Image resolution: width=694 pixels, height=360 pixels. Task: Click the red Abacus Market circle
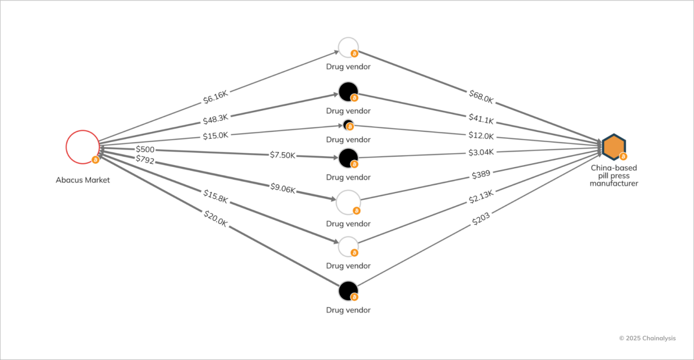[x=82, y=147]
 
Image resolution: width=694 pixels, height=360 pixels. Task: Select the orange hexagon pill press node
[x=614, y=146]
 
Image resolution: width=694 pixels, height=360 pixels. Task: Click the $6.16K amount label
[x=216, y=96]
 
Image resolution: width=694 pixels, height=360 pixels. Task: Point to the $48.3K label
[x=216, y=119]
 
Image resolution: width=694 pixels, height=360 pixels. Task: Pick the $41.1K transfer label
[x=481, y=119]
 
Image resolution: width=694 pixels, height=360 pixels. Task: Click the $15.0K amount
[x=216, y=136]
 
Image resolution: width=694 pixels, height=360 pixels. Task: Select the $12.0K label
[x=481, y=136]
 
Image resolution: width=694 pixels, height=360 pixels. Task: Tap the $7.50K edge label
[x=282, y=155]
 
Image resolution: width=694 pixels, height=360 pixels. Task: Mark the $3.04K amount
[x=481, y=152]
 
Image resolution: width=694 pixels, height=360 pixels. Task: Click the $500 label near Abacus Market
[x=145, y=149]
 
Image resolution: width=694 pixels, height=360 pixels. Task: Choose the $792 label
[x=145, y=159]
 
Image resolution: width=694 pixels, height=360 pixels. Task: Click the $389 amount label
[x=481, y=175]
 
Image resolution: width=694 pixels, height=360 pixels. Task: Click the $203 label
[x=481, y=218]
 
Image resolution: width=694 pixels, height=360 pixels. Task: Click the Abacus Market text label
[x=83, y=180]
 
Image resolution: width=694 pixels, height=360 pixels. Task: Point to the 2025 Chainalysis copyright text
[x=647, y=338]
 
